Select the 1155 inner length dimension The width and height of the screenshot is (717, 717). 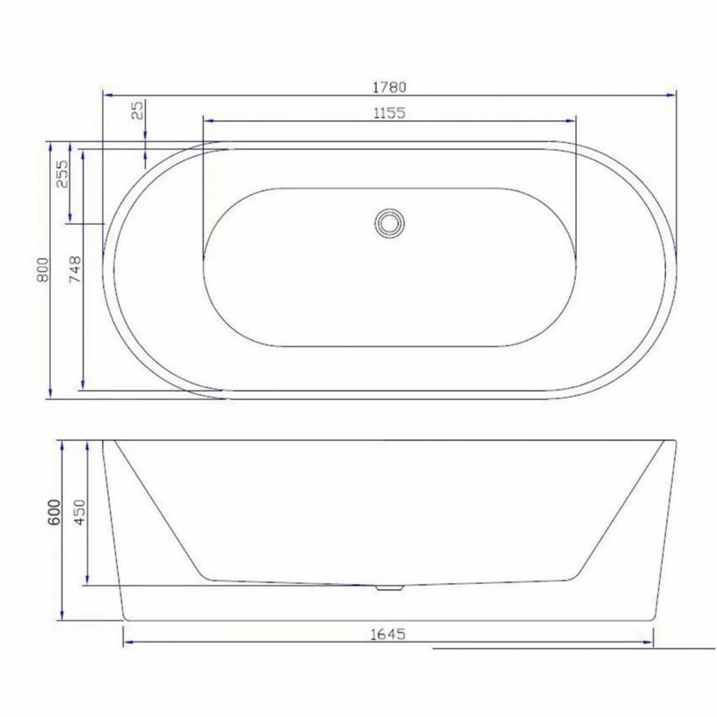[x=390, y=113]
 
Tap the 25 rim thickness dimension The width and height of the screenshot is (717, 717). [x=138, y=111]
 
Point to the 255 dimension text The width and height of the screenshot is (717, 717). [x=62, y=173]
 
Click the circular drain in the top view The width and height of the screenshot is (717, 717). [x=390, y=221]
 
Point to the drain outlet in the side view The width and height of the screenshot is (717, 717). [x=390, y=588]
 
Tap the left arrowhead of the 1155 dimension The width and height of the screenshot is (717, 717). [x=208, y=120]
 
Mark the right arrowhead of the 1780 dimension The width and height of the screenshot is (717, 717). [x=672, y=94]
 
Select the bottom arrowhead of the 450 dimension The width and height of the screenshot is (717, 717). [x=86, y=582]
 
